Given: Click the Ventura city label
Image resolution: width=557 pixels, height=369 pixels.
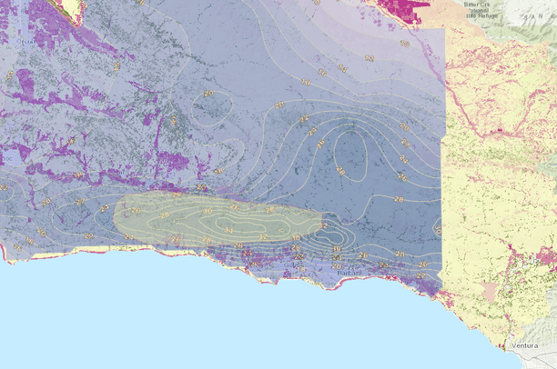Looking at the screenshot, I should click(x=525, y=346).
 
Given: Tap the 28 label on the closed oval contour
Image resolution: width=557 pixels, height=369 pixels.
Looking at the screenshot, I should click(x=339, y=170).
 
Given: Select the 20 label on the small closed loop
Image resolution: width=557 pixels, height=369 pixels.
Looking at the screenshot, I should click(x=208, y=93).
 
